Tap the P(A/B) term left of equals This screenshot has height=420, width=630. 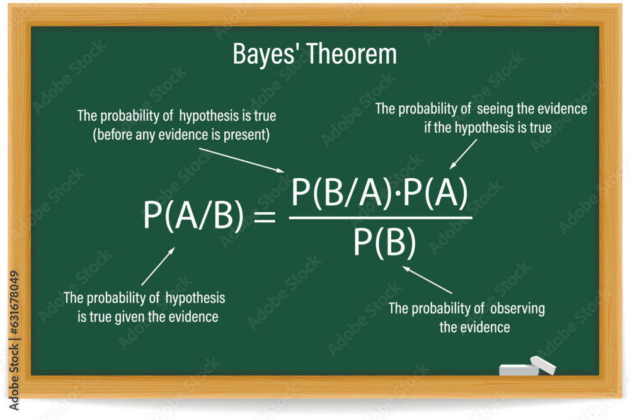193,216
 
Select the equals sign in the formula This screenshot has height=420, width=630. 264,218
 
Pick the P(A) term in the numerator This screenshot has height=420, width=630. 437,195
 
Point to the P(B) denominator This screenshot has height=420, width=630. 384,242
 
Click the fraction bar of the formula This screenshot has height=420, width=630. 381,218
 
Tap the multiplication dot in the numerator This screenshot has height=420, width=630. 398,196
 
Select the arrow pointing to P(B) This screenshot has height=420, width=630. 428,280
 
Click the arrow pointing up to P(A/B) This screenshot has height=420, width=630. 157,266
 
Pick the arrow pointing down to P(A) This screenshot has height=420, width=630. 462,154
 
